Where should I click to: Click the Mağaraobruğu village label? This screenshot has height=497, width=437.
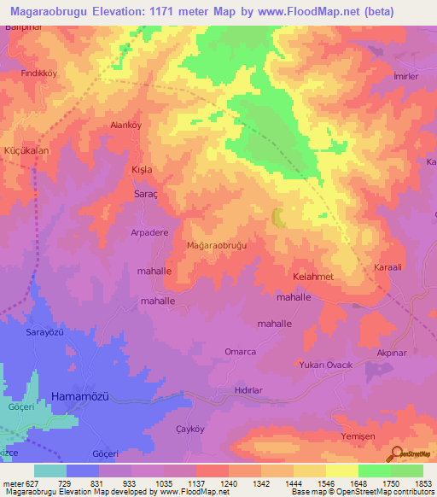pos(216,246)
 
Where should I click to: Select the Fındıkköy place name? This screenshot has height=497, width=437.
pos(39,74)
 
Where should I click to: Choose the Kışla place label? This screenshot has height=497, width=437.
pos(141,170)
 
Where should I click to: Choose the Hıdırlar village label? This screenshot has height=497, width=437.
pos(252,392)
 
